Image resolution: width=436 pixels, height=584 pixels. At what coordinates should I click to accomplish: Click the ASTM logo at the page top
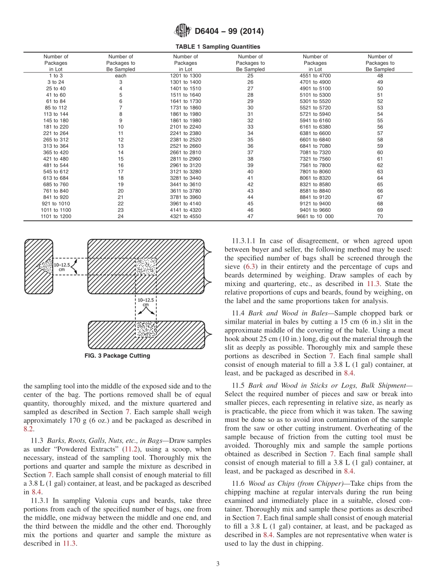click(183, 31)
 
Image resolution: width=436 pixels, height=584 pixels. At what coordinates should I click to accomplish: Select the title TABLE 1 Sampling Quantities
click(218, 47)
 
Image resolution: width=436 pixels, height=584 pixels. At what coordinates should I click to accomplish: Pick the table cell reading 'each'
click(121, 75)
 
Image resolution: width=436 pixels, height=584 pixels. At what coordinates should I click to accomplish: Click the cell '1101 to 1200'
click(56, 216)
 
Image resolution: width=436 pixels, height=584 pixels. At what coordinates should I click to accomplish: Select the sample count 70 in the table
click(380, 216)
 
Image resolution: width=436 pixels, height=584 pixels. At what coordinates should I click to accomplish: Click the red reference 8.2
click(28, 428)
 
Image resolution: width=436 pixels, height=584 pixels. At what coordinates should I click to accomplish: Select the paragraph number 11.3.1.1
click(246, 241)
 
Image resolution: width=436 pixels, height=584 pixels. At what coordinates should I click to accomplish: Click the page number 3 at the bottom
click(218, 564)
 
